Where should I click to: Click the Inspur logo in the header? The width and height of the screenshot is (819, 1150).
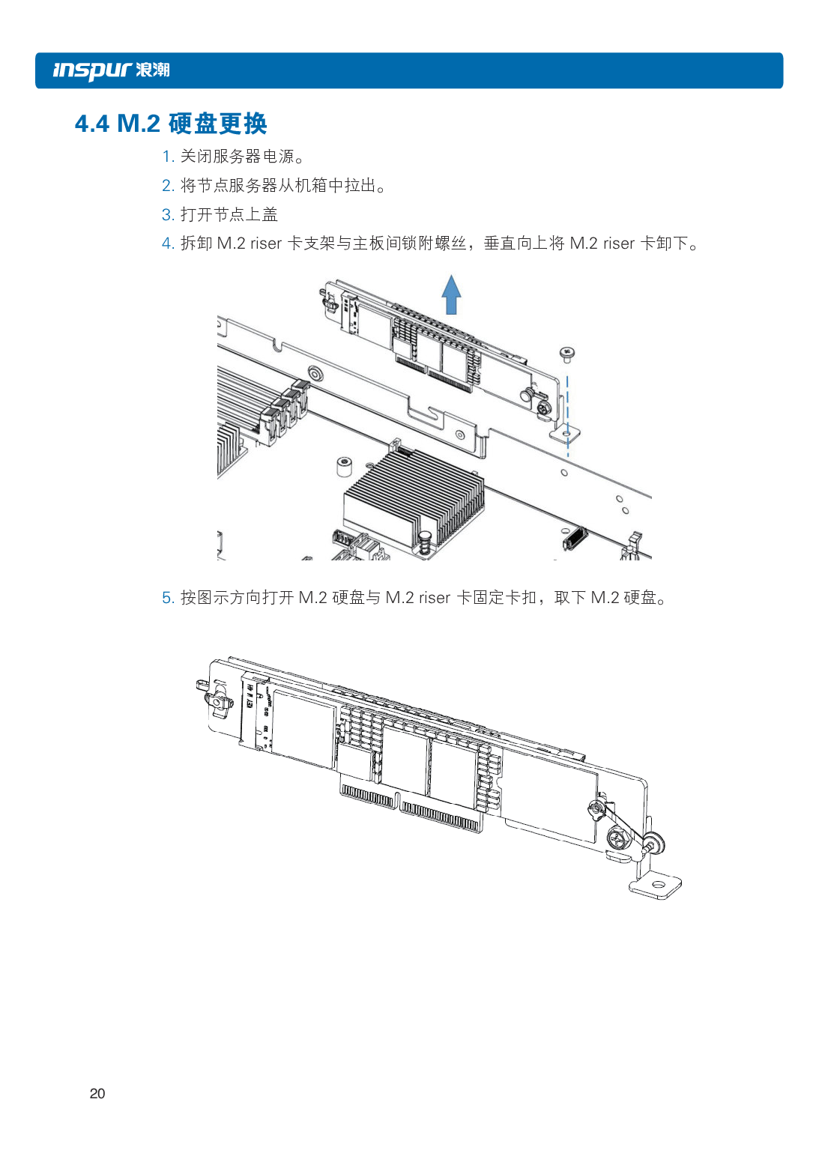point(111,70)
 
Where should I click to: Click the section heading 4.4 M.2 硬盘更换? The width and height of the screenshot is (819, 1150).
point(171,124)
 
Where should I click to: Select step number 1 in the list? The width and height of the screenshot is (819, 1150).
point(167,157)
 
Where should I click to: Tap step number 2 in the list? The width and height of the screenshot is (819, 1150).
point(167,186)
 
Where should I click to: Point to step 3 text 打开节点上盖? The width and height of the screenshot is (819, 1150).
point(229,215)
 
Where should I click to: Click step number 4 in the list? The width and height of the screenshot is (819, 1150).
point(167,243)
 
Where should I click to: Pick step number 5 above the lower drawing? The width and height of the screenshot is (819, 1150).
point(167,598)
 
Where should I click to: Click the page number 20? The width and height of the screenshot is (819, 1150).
point(97,1094)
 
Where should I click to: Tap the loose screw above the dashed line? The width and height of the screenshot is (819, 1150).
point(567,353)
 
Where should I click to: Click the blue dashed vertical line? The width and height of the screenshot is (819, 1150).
point(567,408)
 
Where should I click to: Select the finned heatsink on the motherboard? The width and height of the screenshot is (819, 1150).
point(412,494)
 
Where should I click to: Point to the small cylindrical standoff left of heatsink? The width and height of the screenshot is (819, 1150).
point(344,466)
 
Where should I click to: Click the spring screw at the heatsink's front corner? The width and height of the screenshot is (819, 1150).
point(425,543)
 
